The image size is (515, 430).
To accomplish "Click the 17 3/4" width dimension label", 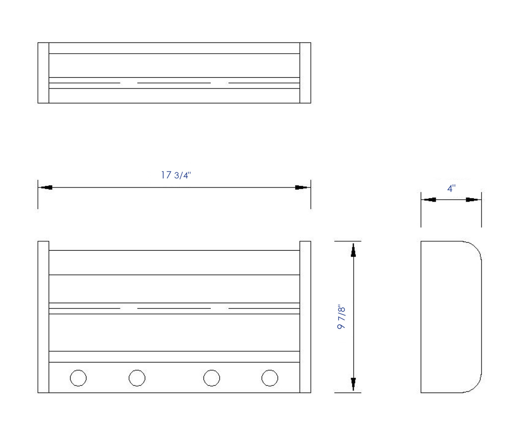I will pyautogui.click(x=176, y=175).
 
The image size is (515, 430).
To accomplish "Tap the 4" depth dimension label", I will pyautogui.click(x=451, y=189).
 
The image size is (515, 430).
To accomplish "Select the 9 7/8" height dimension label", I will pyautogui.click(x=342, y=317).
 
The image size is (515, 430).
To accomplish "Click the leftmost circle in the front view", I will pyautogui.click(x=78, y=378).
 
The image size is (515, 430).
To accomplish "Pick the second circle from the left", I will pyautogui.click(x=137, y=378).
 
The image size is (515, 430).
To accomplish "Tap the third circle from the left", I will pyautogui.click(x=212, y=378).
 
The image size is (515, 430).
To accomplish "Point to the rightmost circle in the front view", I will pyautogui.click(x=270, y=378).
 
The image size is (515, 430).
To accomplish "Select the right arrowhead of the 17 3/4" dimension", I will pyautogui.click(x=302, y=187).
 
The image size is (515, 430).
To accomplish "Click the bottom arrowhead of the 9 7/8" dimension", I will pyautogui.click(x=353, y=384).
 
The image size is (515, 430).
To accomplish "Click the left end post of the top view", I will pyautogui.click(x=43, y=73).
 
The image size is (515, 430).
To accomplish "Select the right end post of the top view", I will pyautogui.click(x=305, y=73).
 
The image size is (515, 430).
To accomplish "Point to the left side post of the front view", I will pyautogui.click(x=43, y=317).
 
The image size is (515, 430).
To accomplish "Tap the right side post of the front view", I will pyautogui.click(x=305, y=317).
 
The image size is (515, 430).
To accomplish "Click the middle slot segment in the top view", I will pyautogui.click(x=174, y=83).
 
